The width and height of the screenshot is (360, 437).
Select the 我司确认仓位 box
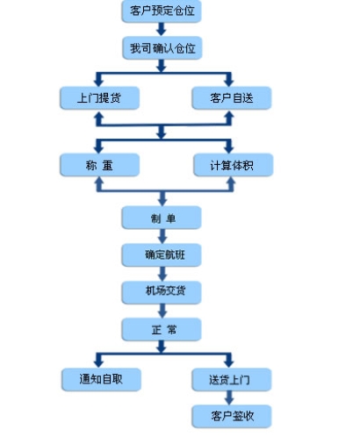click(x=161, y=48)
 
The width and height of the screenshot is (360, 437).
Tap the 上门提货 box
click(x=97, y=97)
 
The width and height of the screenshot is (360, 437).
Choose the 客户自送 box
click(x=230, y=97)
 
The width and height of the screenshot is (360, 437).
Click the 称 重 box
click(x=97, y=164)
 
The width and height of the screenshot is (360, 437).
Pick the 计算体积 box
click(x=230, y=164)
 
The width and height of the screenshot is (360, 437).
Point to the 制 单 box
click(x=161, y=217)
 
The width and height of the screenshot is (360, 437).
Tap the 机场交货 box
click(x=161, y=290)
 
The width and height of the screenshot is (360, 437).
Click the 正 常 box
click(x=161, y=328)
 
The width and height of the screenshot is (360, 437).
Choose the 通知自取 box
click(x=97, y=379)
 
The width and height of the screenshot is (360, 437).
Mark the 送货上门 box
click(x=230, y=379)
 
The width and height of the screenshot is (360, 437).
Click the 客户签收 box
click(x=230, y=415)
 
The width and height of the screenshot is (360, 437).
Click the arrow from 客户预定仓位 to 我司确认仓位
click(x=161, y=30)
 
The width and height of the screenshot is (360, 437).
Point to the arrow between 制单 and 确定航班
click(x=161, y=235)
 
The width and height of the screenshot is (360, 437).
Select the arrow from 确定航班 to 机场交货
click(x=161, y=272)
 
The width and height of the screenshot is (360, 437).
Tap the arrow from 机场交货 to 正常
click(x=161, y=309)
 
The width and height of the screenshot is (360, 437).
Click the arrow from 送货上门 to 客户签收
click(x=230, y=398)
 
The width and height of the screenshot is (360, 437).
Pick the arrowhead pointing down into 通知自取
click(x=97, y=362)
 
